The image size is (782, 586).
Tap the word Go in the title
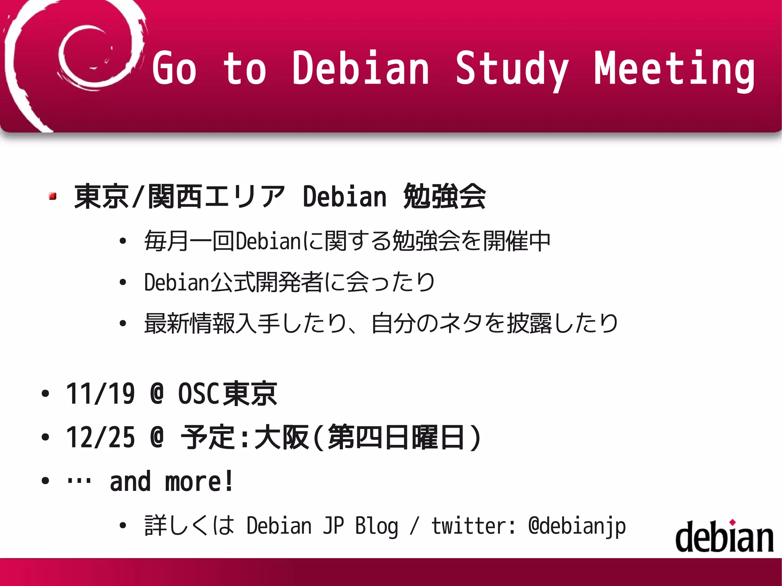click(x=174, y=69)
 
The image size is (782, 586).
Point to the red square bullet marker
click(x=53, y=196)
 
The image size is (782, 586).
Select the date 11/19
click(x=100, y=394)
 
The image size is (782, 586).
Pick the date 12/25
click(x=100, y=437)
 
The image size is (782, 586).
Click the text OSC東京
click(x=228, y=394)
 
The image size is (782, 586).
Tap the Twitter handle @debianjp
click(x=577, y=526)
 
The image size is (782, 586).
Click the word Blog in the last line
click(x=376, y=526)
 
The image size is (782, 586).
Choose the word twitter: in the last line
click(x=473, y=526)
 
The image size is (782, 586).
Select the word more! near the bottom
click(x=199, y=482)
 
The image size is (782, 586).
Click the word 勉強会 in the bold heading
click(x=444, y=197)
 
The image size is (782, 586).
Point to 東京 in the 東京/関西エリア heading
click(x=101, y=197)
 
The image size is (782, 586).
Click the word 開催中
click(x=517, y=241)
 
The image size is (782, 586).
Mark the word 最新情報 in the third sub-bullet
click(x=189, y=324)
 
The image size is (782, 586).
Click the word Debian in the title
click(x=360, y=69)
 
